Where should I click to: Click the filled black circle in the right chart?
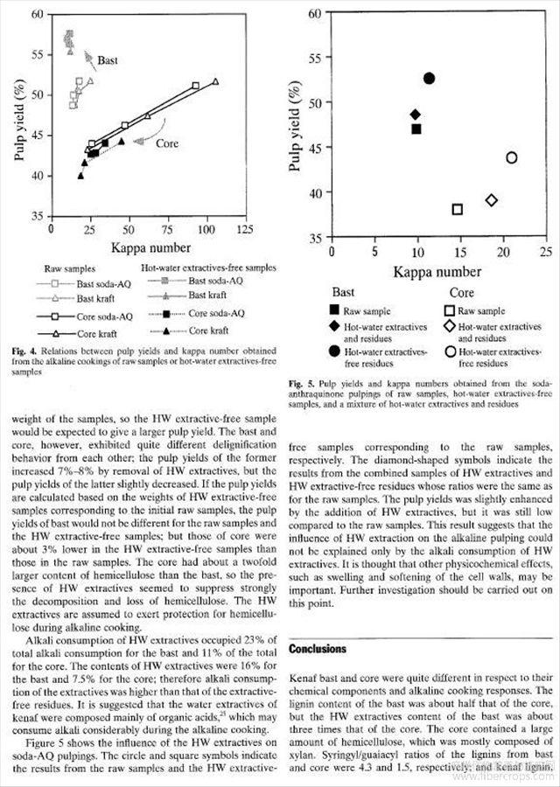pos(429,79)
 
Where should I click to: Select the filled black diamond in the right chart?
pos(416,115)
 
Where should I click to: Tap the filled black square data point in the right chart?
pos(416,129)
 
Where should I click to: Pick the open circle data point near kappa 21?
pos(511,157)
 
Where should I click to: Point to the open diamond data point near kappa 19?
pos(492,200)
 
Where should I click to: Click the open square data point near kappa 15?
pos(457,209)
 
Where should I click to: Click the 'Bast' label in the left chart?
pos(108,61)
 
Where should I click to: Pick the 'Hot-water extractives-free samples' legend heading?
pos(208,267)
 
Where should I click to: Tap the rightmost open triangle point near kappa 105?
pos(215,81)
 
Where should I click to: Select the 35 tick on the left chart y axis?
pos(36,216)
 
